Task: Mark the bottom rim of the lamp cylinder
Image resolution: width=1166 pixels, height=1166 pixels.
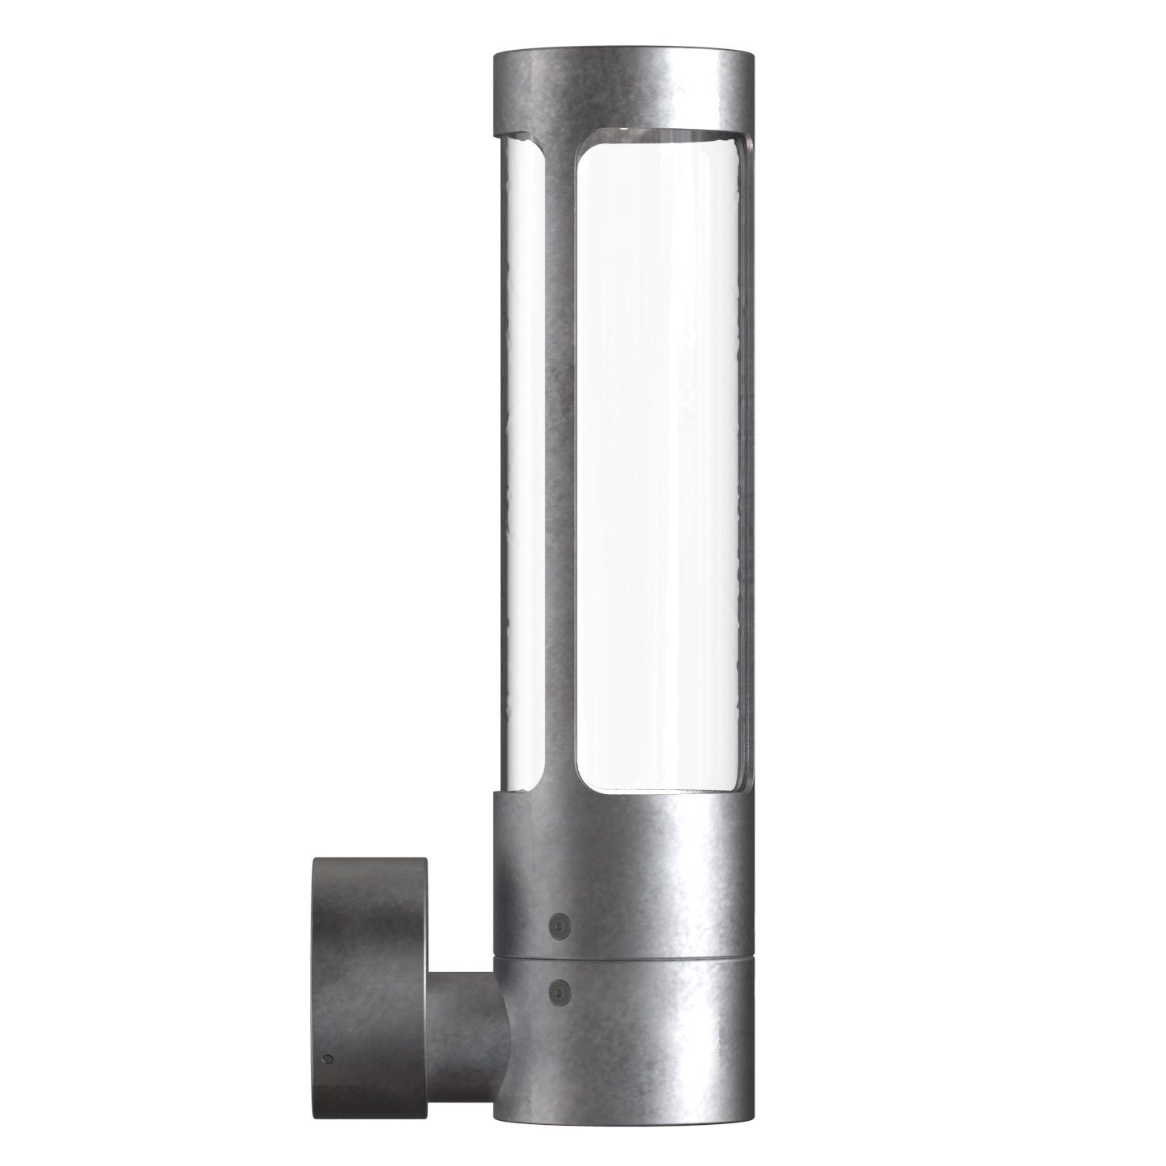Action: click(624, 1115)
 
